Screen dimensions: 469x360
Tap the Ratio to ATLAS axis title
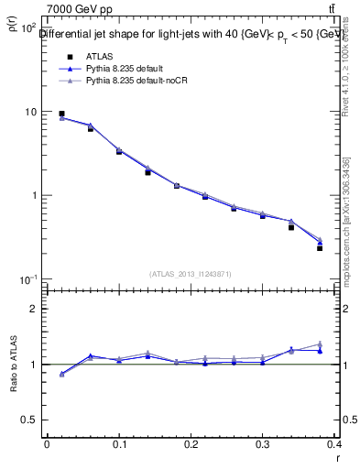tap(14, 365)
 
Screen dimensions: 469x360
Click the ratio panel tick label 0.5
tap(29, 420)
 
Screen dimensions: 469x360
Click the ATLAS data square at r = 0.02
tap(61, 114)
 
